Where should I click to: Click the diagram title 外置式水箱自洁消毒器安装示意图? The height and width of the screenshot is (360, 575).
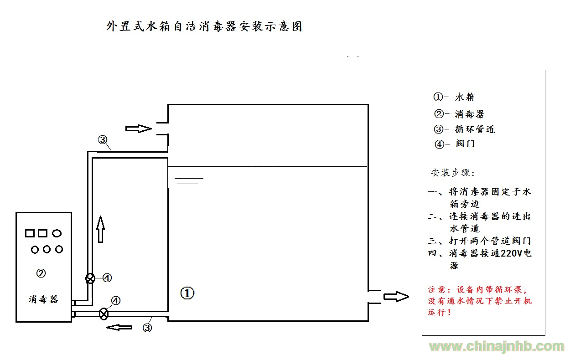[x=204, y=26]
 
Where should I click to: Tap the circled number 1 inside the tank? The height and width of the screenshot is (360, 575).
[x=187, y=293]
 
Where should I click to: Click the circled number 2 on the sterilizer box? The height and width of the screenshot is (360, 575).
[x=41, y=273]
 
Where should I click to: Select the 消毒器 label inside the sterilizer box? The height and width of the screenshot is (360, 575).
[x=43, y=299]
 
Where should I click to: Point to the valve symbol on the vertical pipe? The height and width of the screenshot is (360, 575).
[x=90, y=278]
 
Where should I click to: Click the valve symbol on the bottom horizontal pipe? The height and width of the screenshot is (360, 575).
[x=104, y=314]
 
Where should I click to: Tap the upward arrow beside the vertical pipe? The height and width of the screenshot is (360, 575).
[x=101, y=229]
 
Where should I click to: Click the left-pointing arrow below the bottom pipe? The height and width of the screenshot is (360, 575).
[x=119, y=327]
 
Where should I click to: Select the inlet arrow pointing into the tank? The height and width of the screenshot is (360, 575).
[x=139, y=129]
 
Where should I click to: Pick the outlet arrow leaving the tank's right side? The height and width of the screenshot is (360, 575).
[x=396, y=297]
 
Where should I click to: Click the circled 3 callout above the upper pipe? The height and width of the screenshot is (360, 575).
[x=103, y=140]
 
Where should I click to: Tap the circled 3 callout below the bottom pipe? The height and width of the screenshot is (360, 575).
[x=147, y=328]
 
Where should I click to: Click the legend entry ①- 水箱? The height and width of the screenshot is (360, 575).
[x=454, y=97]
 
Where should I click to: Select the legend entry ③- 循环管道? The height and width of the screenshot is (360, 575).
[x=464, y=129]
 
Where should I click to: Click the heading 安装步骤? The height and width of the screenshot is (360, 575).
[x=453, y=173]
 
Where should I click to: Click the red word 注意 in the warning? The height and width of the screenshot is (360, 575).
[x=437, y=290]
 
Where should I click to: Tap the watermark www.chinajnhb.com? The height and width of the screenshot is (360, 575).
[x=497, y=347]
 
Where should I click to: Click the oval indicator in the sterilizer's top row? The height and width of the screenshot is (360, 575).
[x=57, y=233]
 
